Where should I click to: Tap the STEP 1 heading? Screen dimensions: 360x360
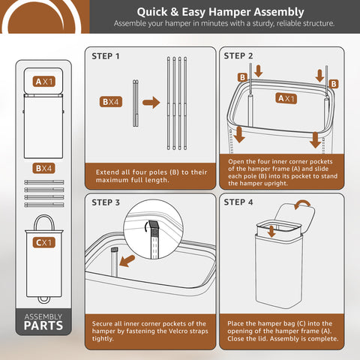(x=106, y=56)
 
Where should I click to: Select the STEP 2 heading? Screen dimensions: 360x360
(x=238, y=56)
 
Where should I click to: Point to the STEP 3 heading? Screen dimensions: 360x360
(x=106, y=202)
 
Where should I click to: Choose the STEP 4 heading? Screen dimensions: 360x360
(x=238, y=202)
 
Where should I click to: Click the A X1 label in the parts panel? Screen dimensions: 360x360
(x=43, y=81)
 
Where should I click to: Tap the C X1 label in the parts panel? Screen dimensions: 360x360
(x=43, y=243)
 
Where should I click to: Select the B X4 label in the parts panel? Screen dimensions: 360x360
(x=43, y=169)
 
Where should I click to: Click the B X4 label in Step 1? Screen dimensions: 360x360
(x=112, y=101)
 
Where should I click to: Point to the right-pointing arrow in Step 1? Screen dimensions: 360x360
(x=151, y=102)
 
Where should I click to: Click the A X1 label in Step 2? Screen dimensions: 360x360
(x=286, y=98)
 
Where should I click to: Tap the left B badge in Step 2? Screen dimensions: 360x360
(x=242, y=77)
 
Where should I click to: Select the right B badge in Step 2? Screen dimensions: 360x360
(x=334, y=85)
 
